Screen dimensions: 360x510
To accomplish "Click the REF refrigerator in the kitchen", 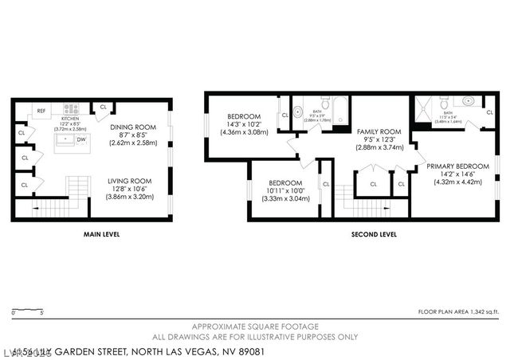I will point(41,111).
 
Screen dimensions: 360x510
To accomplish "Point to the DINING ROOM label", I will point(132,127).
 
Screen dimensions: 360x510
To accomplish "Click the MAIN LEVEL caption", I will point(102,235).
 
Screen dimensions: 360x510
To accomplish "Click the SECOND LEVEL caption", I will point(374,235).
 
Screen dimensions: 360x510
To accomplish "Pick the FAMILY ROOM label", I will point(379,131).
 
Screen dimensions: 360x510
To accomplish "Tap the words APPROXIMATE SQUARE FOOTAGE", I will point(255,327).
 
